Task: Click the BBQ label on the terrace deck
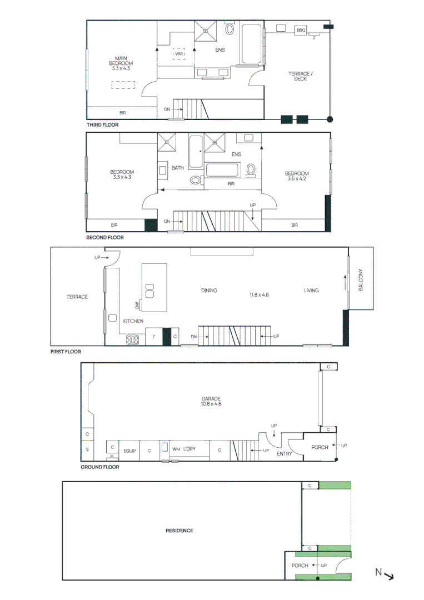point(301,30)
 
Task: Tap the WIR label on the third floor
point(179,54)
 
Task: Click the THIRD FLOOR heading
point(102,125)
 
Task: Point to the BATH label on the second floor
point(177,168)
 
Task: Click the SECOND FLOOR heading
point(105,237)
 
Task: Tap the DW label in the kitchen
point(137,304)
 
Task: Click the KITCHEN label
point(133,321)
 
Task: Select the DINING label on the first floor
point(209,291)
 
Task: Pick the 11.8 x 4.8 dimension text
point(259,294)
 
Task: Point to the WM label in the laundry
point(176,449)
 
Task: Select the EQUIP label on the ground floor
point(130,451)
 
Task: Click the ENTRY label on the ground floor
point(284,454)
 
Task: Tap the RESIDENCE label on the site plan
point(179,531)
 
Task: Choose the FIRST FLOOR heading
point(65,352)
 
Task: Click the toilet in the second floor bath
point(195,179)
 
